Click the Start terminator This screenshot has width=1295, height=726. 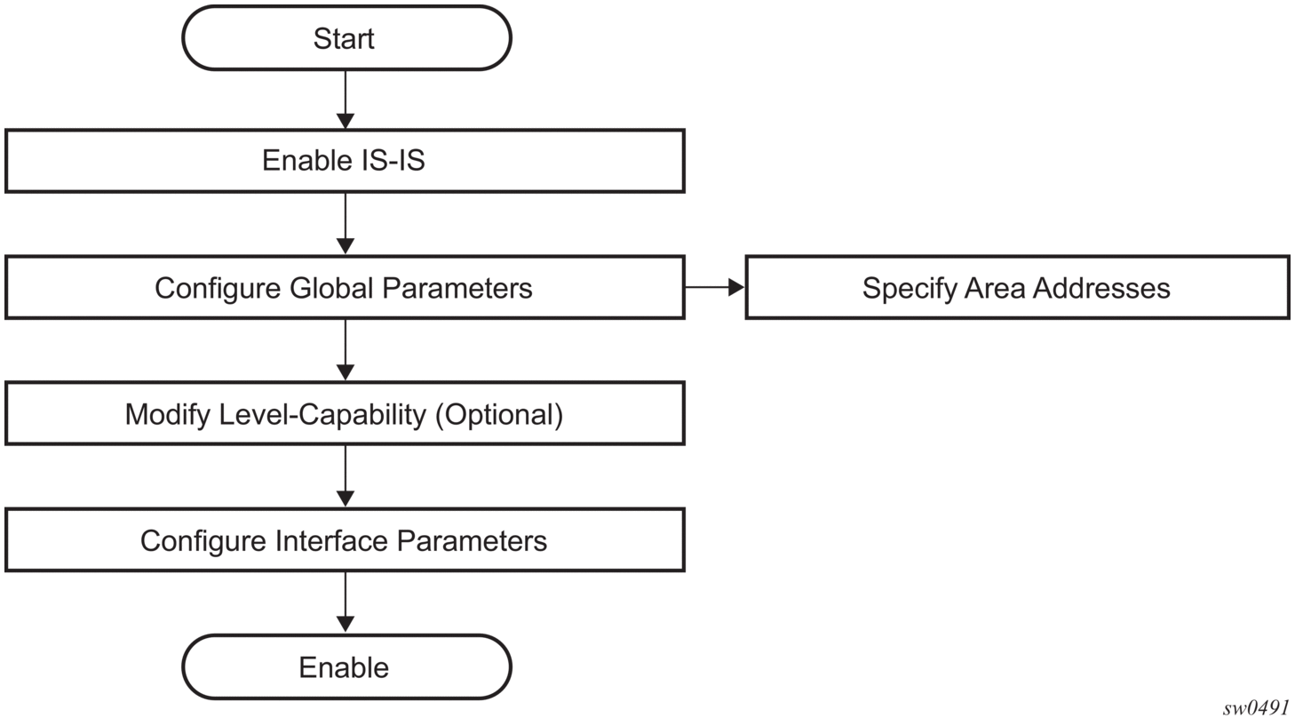[x=346, y=38]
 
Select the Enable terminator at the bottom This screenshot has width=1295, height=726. [x=346, y=667]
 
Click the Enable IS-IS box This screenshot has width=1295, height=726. [x=345, y=161]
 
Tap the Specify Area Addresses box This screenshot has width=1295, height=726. [x=1018, y=288]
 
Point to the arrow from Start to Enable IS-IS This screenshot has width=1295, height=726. [x=346, y=100]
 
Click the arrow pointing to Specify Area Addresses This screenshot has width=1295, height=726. [x=715, y=287]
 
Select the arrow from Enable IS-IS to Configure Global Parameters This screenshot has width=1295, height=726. [x=346, y=224]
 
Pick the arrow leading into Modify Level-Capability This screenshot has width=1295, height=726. [x=346, y=350]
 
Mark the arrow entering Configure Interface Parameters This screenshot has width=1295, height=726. [x=346, y=476]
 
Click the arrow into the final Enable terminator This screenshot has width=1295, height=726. [x=346, y=602]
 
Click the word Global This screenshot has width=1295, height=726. [x=331, y=288]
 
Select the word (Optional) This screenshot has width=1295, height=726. [x=499, y=415]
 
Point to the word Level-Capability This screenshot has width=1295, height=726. [x=322, y=415]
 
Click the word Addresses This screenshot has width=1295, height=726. [x=1101, y=288]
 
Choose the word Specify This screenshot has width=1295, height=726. [x=909, y=289]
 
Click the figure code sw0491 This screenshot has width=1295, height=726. [x=1256, y=707]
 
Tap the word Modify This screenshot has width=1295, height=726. [x=168, y=415]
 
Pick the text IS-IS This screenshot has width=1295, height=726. [x=393, y=160]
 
